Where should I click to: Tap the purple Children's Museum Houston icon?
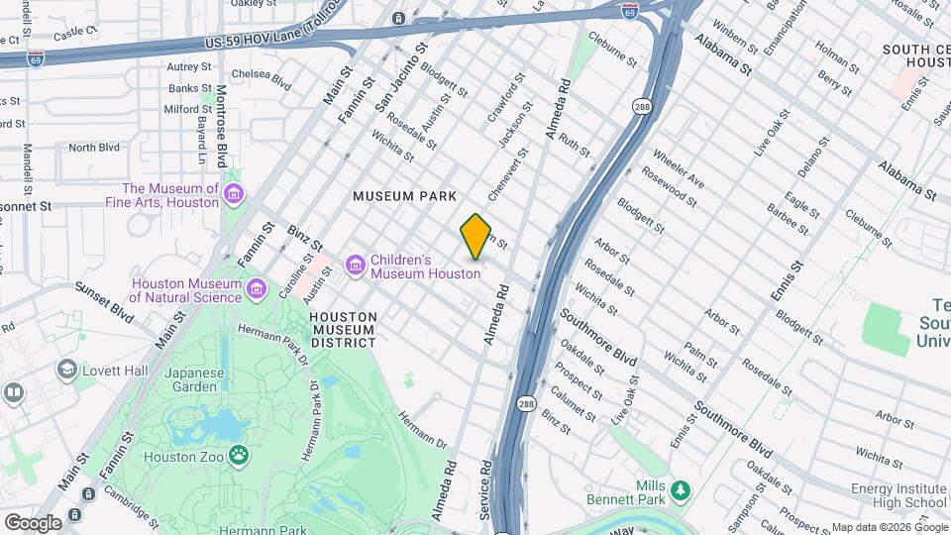coord(356,266)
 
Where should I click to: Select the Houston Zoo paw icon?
coord(239,456)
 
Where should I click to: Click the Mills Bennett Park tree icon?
coord(680,489)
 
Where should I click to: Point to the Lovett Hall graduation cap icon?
coord(67,371)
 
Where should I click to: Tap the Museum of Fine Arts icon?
coord(233,194)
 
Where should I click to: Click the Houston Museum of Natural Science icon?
coord(257,289)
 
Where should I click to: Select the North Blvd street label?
coord(94,148)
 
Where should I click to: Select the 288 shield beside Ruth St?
coord(641,104)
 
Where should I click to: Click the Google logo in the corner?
coord(33,522)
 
